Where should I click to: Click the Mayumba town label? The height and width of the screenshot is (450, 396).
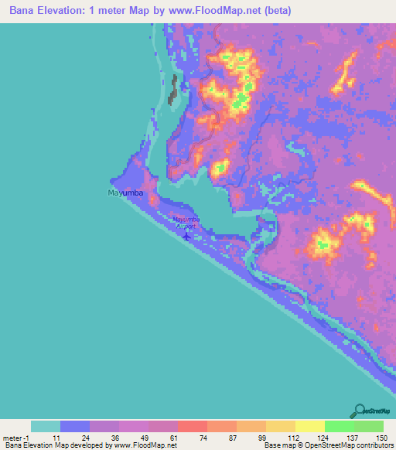point(123,189)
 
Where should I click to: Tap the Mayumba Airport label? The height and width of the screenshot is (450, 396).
point(186,223)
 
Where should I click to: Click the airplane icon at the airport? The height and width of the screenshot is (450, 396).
point(186,235)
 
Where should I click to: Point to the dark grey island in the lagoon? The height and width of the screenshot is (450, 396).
point(173,90)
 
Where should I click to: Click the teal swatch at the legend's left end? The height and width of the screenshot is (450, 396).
point(46,426)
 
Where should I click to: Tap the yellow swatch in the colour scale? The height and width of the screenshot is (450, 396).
point(310,426)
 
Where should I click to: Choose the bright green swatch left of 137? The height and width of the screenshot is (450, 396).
point(340,426)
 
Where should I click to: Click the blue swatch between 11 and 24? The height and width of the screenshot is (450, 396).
point(75,426)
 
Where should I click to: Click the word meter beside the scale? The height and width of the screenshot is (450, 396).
point(14,438)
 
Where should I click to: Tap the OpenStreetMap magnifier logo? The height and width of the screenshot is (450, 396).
point(360,411)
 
